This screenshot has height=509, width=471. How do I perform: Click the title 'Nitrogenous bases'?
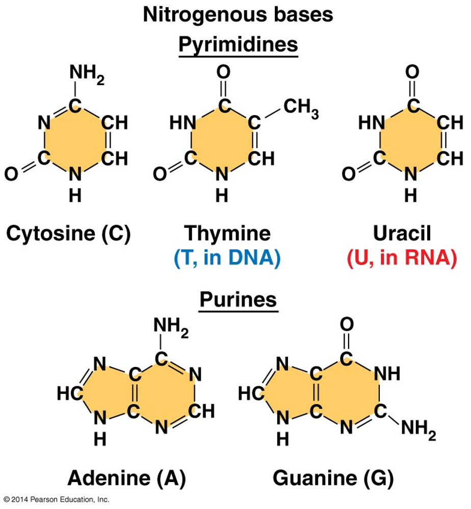(x=238, y=15)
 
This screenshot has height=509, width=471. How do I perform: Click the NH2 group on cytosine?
(x=87, y=74)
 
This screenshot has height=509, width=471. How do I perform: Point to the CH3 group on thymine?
(x=301, y=108)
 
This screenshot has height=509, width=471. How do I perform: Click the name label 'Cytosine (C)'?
(x=68, y=233)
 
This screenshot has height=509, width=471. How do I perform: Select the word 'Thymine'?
(x=227, y=233)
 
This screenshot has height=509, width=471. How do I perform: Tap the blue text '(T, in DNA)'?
(x=227, y=258)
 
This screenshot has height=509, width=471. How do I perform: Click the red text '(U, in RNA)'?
(x=402, y=258)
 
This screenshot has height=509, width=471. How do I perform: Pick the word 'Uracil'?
(x=402, y=233)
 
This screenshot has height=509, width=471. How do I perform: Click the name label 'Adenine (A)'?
(x=127, y=478)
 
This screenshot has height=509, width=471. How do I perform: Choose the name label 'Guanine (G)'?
(x=333, y=478)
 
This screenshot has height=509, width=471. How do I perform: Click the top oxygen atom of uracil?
(x=412, y=72)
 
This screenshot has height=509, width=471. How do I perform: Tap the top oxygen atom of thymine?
(x=223, y=72)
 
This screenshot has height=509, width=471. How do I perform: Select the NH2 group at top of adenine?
(x=171, y=327)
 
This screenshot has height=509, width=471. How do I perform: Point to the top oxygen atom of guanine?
(x=347, y=324)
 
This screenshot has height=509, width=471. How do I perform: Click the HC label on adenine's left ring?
(x=70, y=393)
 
